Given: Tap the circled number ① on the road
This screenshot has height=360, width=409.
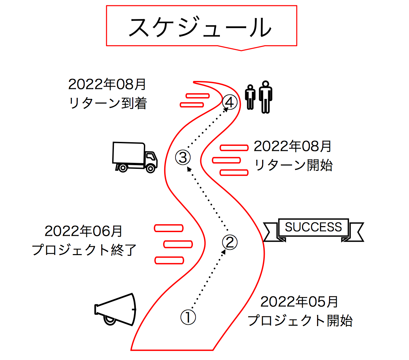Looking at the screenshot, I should click(188, 317).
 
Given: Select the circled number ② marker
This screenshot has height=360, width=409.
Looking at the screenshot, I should click(230, 242).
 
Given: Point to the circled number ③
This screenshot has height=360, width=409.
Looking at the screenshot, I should click(183, 157).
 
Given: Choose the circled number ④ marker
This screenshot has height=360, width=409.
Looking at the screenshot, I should click(230, 102).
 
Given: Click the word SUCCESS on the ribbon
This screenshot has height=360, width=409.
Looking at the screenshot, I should click(313, 227).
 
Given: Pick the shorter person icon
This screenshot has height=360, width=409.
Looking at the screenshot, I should click(250, 97).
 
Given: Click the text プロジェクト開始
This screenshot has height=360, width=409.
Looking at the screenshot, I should click(300, 321).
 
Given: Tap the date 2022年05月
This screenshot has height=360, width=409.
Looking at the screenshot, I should click(299, 302).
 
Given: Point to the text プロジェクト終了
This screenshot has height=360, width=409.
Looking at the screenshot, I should click(85, 250).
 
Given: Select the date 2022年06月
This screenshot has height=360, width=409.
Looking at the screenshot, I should click(84, 231).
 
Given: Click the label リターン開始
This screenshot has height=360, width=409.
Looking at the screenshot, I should click(293, 165).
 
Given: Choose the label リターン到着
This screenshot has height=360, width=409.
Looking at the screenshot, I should click(108, 104).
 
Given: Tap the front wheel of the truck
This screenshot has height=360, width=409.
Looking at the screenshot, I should click(151, 169).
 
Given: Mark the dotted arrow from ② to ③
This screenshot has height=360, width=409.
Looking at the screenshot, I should click(208, 199).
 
